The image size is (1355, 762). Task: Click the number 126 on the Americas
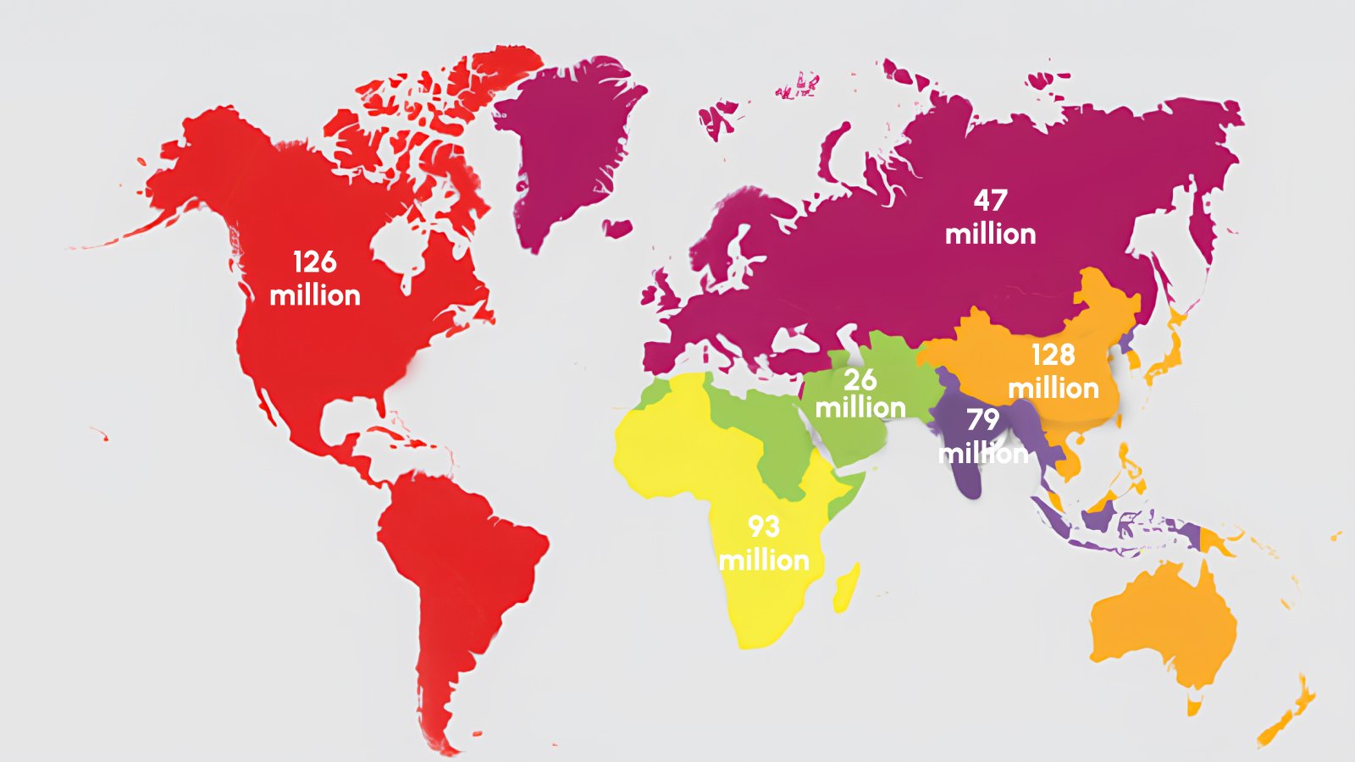click(x=315, y=262)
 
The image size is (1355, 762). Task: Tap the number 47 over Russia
click(x=990, y=201)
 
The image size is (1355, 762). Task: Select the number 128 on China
click(x=1053, y=355)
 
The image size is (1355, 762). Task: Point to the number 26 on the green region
click(x=860, y=379)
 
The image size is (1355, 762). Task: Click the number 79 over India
click(x=983, y=420)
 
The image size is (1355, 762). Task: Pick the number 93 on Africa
click(x=763, y=527)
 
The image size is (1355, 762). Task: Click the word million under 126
click(x=315, y=295)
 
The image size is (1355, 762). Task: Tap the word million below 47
click(x=990, y=234)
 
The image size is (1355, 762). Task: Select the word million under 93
click(x=764, y=560)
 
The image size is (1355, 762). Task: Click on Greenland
click(x=567, y=144)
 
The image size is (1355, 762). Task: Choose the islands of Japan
click(x=1164, y=356)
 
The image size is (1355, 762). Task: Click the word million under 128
click(x=1054, y=389)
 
